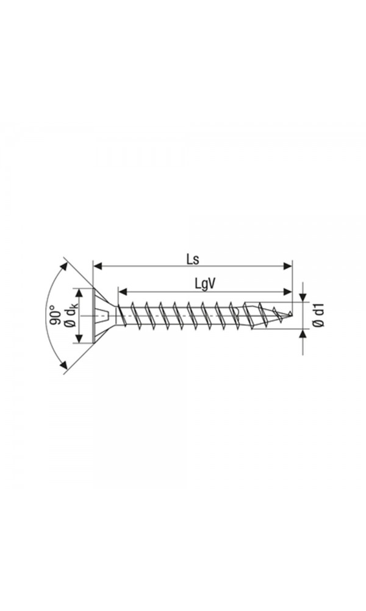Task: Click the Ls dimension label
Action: click(x=193, y=258)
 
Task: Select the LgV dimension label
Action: click(x=207, y=284)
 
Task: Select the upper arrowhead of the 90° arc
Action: click(x=63, y=266)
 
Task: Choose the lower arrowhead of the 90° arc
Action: click(x=63, y=366)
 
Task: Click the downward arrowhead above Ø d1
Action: click(x=303, y=296)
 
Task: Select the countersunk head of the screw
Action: click(x=101, y=316)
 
